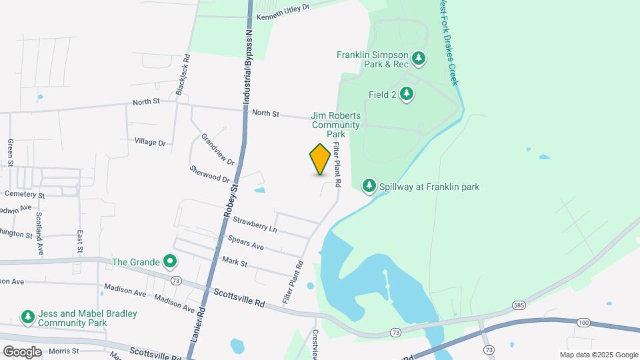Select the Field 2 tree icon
pyautogui.click(x=407, y=95)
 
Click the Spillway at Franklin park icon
pyautogui.click(x=369, y=186)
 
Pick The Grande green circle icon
pyautogui.click(x=171, y=261)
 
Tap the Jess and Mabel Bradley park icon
pyautogui.click(x=27, y=317)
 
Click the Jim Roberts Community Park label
pyautogui.click(x=335, y=125)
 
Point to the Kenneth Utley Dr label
pyautogui.click(x=284, y=9)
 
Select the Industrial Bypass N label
pyautogui.click(x=247, y=67)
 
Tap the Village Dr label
pyautogui.click(x=149, y=142)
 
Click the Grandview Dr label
pyautogui.click(x=218, y=150)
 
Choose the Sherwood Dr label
pyautogui.click(x=209, y=175)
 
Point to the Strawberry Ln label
pyautogui.click(x=255, y=224)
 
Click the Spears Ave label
pyautogui.click(x=245, y=242)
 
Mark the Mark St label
pyautogui.click(x=235, y=261)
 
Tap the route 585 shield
pyautogui.click(x=519, y=305)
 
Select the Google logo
pyautogui.click(x=22, y=351)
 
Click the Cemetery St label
pyautogui.click(x=24, y=195)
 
